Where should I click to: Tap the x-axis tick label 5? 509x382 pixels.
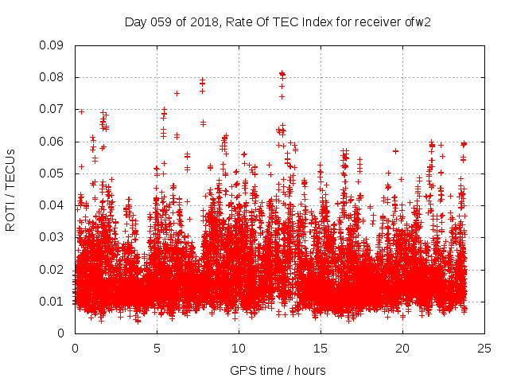(x=157, y=348)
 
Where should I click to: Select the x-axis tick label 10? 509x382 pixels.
(x=239, y=348)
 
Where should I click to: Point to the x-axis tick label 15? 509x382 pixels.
(x=321, y=348)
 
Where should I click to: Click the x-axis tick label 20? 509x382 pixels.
(x=402, y=348)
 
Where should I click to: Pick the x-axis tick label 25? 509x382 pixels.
(x=484, y=348)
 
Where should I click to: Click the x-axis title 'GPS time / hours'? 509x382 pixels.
(x=278, y=370)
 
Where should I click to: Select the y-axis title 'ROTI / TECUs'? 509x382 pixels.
(x=10, y=189)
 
